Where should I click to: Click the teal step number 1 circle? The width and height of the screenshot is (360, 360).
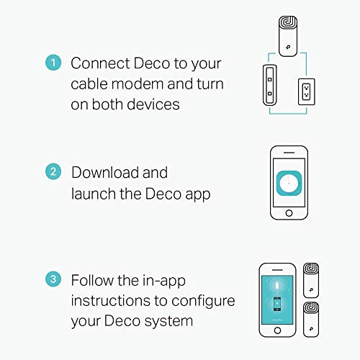[x=53, y=63]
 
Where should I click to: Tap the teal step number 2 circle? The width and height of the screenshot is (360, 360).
[x=53, y=171]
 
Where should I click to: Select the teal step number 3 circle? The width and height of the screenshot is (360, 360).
[x=53, y=279]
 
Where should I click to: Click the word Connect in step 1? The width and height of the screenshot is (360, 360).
[x=100, y=63]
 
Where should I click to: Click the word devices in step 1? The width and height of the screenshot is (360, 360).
[x=153, y=104]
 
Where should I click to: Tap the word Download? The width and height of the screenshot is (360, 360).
[x=105, y=173]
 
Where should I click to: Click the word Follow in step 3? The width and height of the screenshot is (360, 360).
[x=92, y=280]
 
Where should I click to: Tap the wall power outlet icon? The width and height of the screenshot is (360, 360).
[x=307, y=91]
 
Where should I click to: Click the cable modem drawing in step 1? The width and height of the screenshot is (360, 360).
[x=270, y=85]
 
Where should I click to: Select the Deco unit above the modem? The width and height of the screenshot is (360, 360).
[x=288, y=36]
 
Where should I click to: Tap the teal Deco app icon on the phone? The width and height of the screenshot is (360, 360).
[x=289, y=183]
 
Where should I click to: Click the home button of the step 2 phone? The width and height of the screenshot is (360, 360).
[x=289, y=213]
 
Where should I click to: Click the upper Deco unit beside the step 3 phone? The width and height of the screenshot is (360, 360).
[x=311, y=280]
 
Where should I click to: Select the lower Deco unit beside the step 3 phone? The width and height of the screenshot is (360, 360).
[x=311, y=320]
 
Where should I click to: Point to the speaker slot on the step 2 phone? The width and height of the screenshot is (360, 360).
[x=289, y=153]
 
